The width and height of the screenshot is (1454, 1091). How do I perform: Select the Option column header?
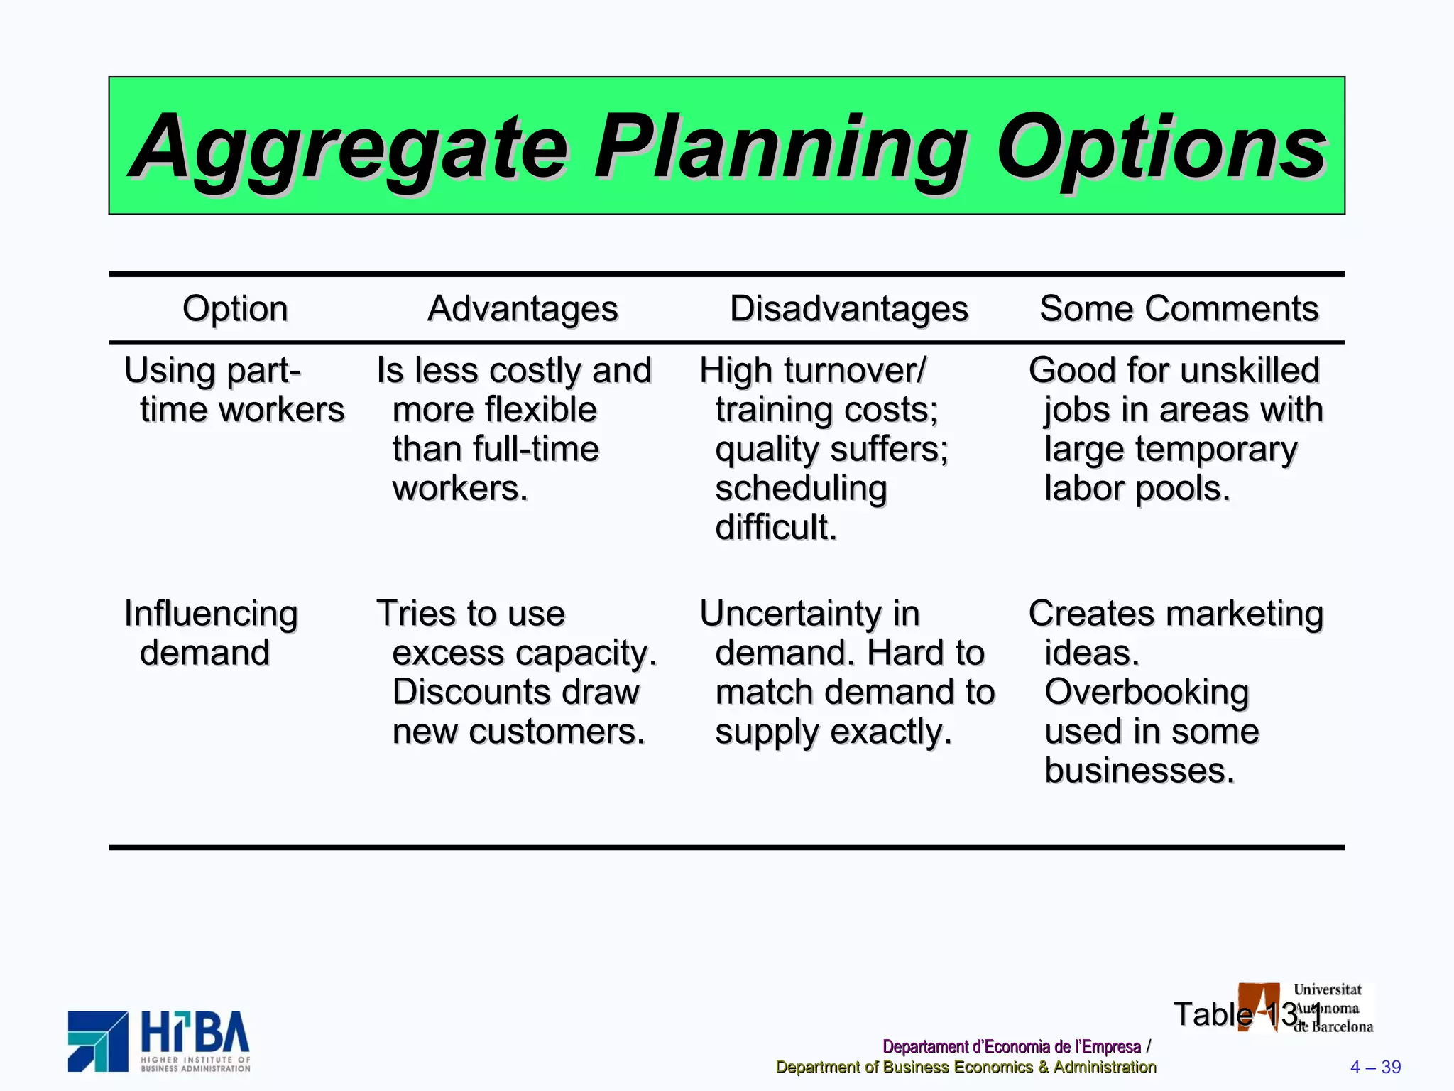click(235, 309)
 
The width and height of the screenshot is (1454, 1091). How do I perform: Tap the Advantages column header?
click(523, 309)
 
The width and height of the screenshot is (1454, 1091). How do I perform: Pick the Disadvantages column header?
click(848, 309)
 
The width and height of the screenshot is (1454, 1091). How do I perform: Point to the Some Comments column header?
click(1179, 309)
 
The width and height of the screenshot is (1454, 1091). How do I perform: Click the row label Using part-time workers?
click(234, 390)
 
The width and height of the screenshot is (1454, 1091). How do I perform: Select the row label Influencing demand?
click(210, 633)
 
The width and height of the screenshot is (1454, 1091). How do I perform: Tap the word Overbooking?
click(1146, 692)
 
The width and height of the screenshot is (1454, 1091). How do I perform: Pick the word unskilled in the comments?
click(1250, 370)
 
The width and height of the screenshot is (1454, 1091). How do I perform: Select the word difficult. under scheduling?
click(776, 527)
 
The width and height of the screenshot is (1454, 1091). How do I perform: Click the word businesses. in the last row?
click(1139, 771)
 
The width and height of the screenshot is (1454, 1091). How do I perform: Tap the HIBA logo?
click(159, 1041)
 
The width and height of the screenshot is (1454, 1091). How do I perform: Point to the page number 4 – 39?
click(1375, 1067)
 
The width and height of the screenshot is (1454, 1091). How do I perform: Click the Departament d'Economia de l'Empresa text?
click(1011, 1046)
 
